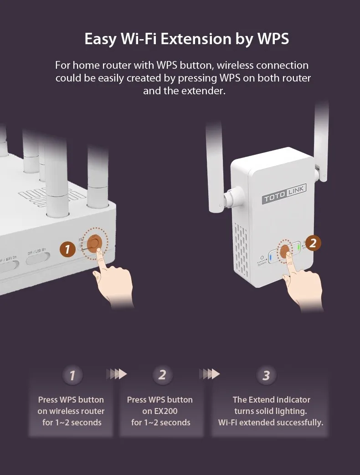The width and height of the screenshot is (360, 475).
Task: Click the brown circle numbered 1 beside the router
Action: (67, 249)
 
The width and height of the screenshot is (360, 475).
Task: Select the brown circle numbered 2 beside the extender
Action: (313, 243)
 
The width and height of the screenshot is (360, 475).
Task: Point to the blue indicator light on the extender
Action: (271, 258)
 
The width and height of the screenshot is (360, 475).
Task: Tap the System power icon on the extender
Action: (262, 258)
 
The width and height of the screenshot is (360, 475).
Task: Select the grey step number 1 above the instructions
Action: (72, 376)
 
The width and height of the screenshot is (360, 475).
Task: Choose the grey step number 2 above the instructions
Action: (162, 375)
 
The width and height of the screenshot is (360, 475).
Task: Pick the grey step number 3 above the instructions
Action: (266, 375)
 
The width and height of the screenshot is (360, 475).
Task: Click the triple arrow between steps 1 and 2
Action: (117, 374)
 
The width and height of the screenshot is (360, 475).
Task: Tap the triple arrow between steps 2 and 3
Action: (209, 374)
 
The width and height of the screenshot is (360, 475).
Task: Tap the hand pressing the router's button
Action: (114, 285)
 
